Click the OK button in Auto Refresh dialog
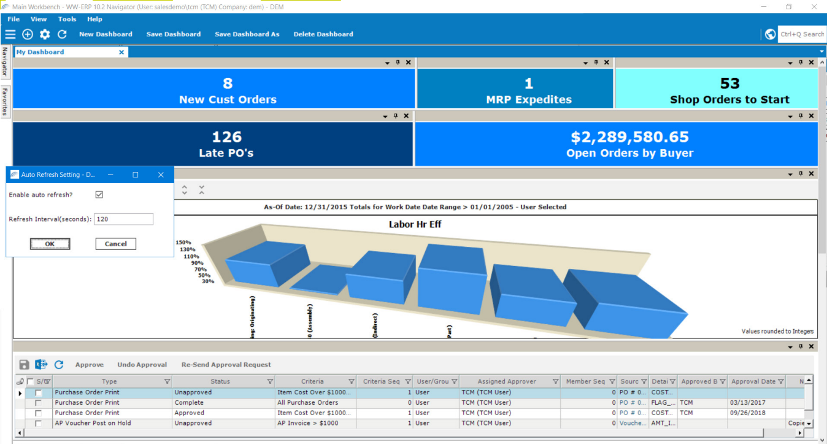50,244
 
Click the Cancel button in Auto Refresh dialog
115,244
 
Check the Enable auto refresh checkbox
99,195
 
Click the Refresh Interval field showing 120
123,219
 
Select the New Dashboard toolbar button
106,34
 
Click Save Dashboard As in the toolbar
247,34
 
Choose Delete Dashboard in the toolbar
323,34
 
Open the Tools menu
67,19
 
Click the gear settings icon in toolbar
45,34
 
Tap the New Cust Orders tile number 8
228,84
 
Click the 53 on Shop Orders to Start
729,84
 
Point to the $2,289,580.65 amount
629,137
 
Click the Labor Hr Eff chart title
415,224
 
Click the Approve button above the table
90,365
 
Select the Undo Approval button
142,365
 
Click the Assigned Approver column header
507,381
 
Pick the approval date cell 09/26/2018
748,413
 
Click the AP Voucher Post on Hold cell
93,423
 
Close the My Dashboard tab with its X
121,52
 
